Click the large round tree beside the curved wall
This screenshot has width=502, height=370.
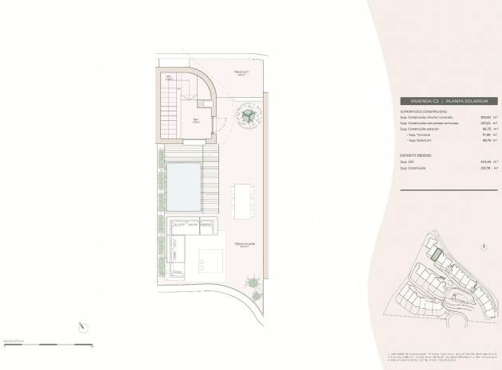point(249,115)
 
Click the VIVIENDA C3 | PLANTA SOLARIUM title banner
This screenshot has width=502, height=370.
point(449,102)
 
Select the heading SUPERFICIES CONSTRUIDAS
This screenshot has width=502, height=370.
point(424,112)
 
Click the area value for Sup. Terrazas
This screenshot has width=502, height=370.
point(486,134)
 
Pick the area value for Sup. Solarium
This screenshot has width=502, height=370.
point(486,141)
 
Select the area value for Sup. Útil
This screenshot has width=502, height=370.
point(486,162)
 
